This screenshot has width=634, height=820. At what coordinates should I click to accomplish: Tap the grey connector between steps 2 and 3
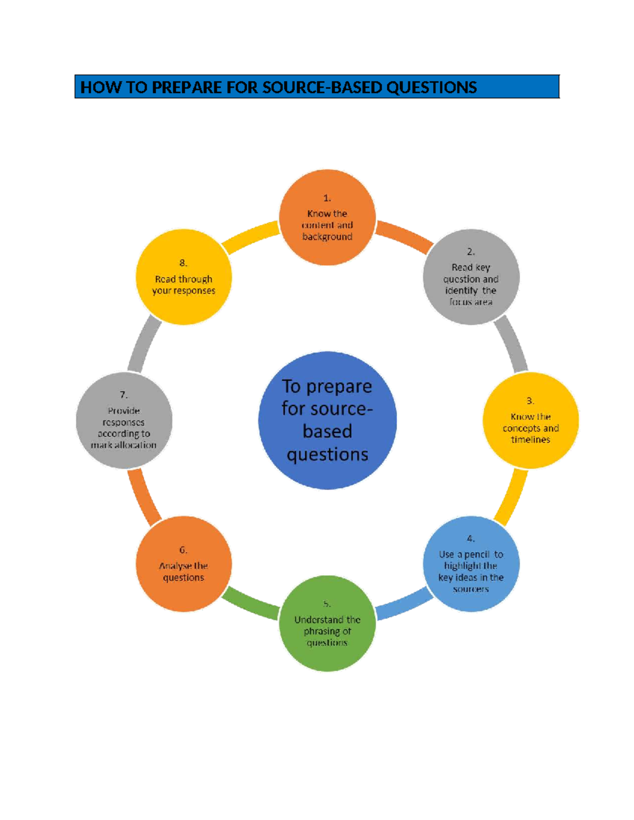click(x=511, y=344)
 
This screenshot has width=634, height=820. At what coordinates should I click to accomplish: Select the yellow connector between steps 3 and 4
click(x=511, y=497)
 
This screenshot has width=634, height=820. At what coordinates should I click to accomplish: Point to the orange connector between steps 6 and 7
click(x=143, y=497)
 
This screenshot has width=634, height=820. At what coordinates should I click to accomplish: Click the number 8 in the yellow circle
click(x=183, y=263)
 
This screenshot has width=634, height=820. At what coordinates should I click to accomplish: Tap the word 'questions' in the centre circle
click(x=327, y=454)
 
